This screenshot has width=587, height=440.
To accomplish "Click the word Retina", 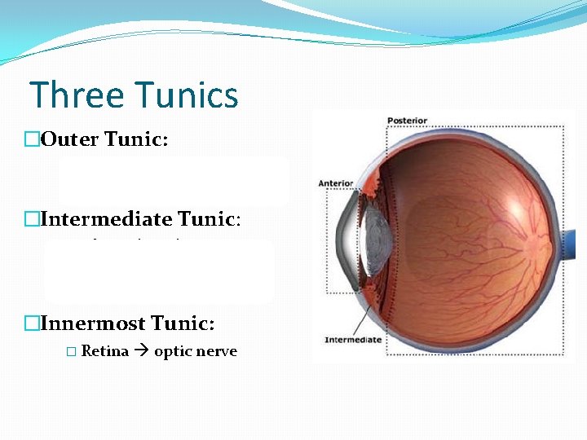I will [x=105, y=351].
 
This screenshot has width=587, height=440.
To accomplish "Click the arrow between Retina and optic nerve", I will [x=142, y=351].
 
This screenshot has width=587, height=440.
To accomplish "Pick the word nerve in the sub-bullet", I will [x=215, y=351].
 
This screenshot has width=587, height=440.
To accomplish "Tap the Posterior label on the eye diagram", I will [x=408, y=121].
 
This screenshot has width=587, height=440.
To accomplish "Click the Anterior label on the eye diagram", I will [x=336, y=183].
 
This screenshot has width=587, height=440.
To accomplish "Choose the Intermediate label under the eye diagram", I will [x=353, y=339].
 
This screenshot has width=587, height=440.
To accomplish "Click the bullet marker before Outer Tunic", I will [x=32, y=139].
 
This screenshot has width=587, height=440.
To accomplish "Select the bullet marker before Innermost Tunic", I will [x=32, y=323].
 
